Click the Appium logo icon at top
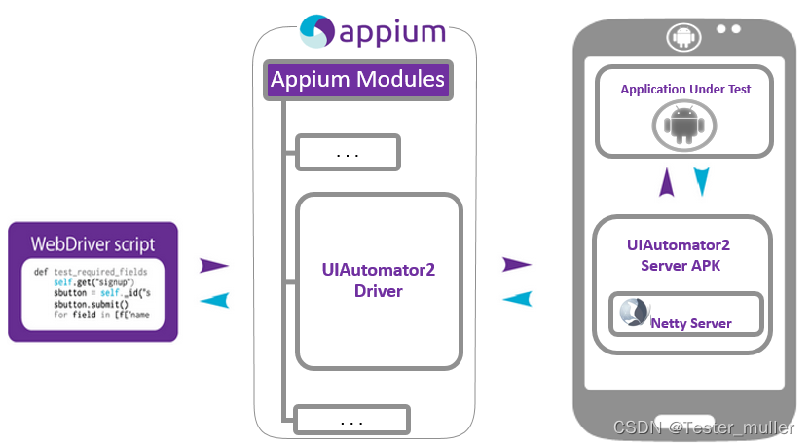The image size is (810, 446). point(315,31)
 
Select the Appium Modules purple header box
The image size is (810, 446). point(357,80)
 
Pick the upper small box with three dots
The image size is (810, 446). point(348,153)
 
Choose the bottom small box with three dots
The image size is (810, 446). point(351,421)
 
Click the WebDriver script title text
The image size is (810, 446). point(92,242)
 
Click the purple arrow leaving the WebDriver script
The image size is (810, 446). point(213,265)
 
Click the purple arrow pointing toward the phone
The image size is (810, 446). point(517,264)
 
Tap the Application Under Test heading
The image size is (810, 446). point(685,90)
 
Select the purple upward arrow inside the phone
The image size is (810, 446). point(667,182)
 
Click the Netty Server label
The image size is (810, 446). point(691,323)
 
